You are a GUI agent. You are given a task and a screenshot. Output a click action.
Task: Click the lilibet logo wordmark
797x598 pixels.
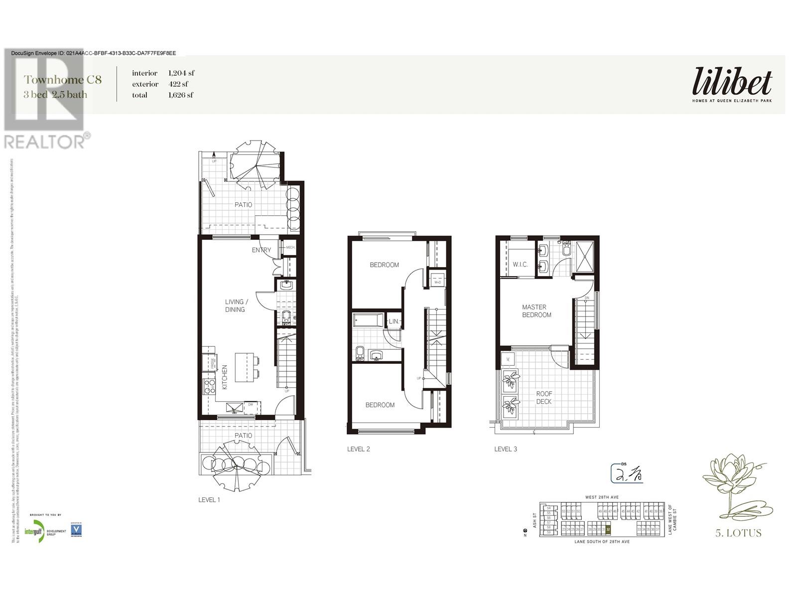[732, 82]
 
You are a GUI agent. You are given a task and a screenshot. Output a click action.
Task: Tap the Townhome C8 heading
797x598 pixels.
[63, 80]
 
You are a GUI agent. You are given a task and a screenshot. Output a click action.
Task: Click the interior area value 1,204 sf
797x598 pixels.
[181, 73]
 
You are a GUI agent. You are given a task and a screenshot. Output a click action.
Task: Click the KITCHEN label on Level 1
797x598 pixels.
[225, 377]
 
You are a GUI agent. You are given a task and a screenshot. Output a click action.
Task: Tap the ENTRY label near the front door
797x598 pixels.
[261, 250]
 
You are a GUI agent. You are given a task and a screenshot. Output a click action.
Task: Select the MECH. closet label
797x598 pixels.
[290, 247]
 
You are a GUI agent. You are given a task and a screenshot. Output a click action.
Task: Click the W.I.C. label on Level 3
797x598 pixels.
[520, 264]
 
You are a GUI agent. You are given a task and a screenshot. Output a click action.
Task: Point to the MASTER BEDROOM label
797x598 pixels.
[536, 311]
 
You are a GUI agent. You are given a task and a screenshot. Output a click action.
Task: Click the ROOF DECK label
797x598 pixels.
[544, 397]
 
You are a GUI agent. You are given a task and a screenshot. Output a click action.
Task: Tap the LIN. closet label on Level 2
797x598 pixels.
[394, 322]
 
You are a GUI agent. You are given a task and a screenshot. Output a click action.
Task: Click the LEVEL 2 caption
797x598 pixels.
[358, 449]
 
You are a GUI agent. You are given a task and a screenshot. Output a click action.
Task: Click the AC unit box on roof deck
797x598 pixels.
[508, 359]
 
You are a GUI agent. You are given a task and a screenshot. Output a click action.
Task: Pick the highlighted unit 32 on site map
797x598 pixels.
[608, 530]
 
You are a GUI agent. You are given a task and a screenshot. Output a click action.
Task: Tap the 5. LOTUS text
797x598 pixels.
[738, 533]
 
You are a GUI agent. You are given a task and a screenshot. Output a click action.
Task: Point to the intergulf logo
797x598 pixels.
[35, 531]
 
